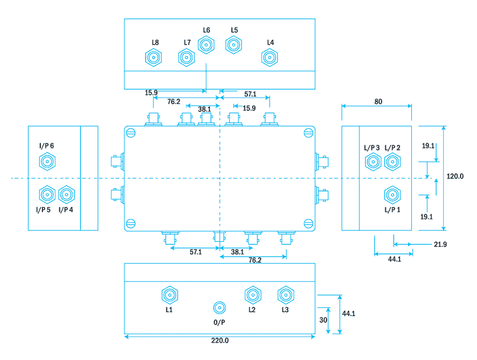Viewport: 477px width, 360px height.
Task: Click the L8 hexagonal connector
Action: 154,58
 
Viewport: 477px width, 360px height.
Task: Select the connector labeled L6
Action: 206,45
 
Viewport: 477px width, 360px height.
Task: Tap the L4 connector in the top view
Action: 270,57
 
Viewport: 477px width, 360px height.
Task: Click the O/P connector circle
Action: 219,308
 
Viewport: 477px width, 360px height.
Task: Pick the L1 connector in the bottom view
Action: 170,295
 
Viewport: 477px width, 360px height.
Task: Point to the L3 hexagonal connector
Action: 286,295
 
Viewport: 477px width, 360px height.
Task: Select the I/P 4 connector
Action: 66,195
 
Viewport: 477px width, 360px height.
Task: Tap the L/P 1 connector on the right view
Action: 392,195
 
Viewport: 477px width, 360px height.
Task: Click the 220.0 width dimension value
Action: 219,341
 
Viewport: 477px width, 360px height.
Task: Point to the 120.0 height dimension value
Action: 455,176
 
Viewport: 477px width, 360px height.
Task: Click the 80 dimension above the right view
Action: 377,101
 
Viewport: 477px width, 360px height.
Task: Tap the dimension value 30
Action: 322,320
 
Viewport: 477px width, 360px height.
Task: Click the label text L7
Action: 187,42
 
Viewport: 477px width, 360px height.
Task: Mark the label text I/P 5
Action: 43,210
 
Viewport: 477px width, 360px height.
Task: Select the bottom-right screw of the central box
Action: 308,223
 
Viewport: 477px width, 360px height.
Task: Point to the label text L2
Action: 252,310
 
